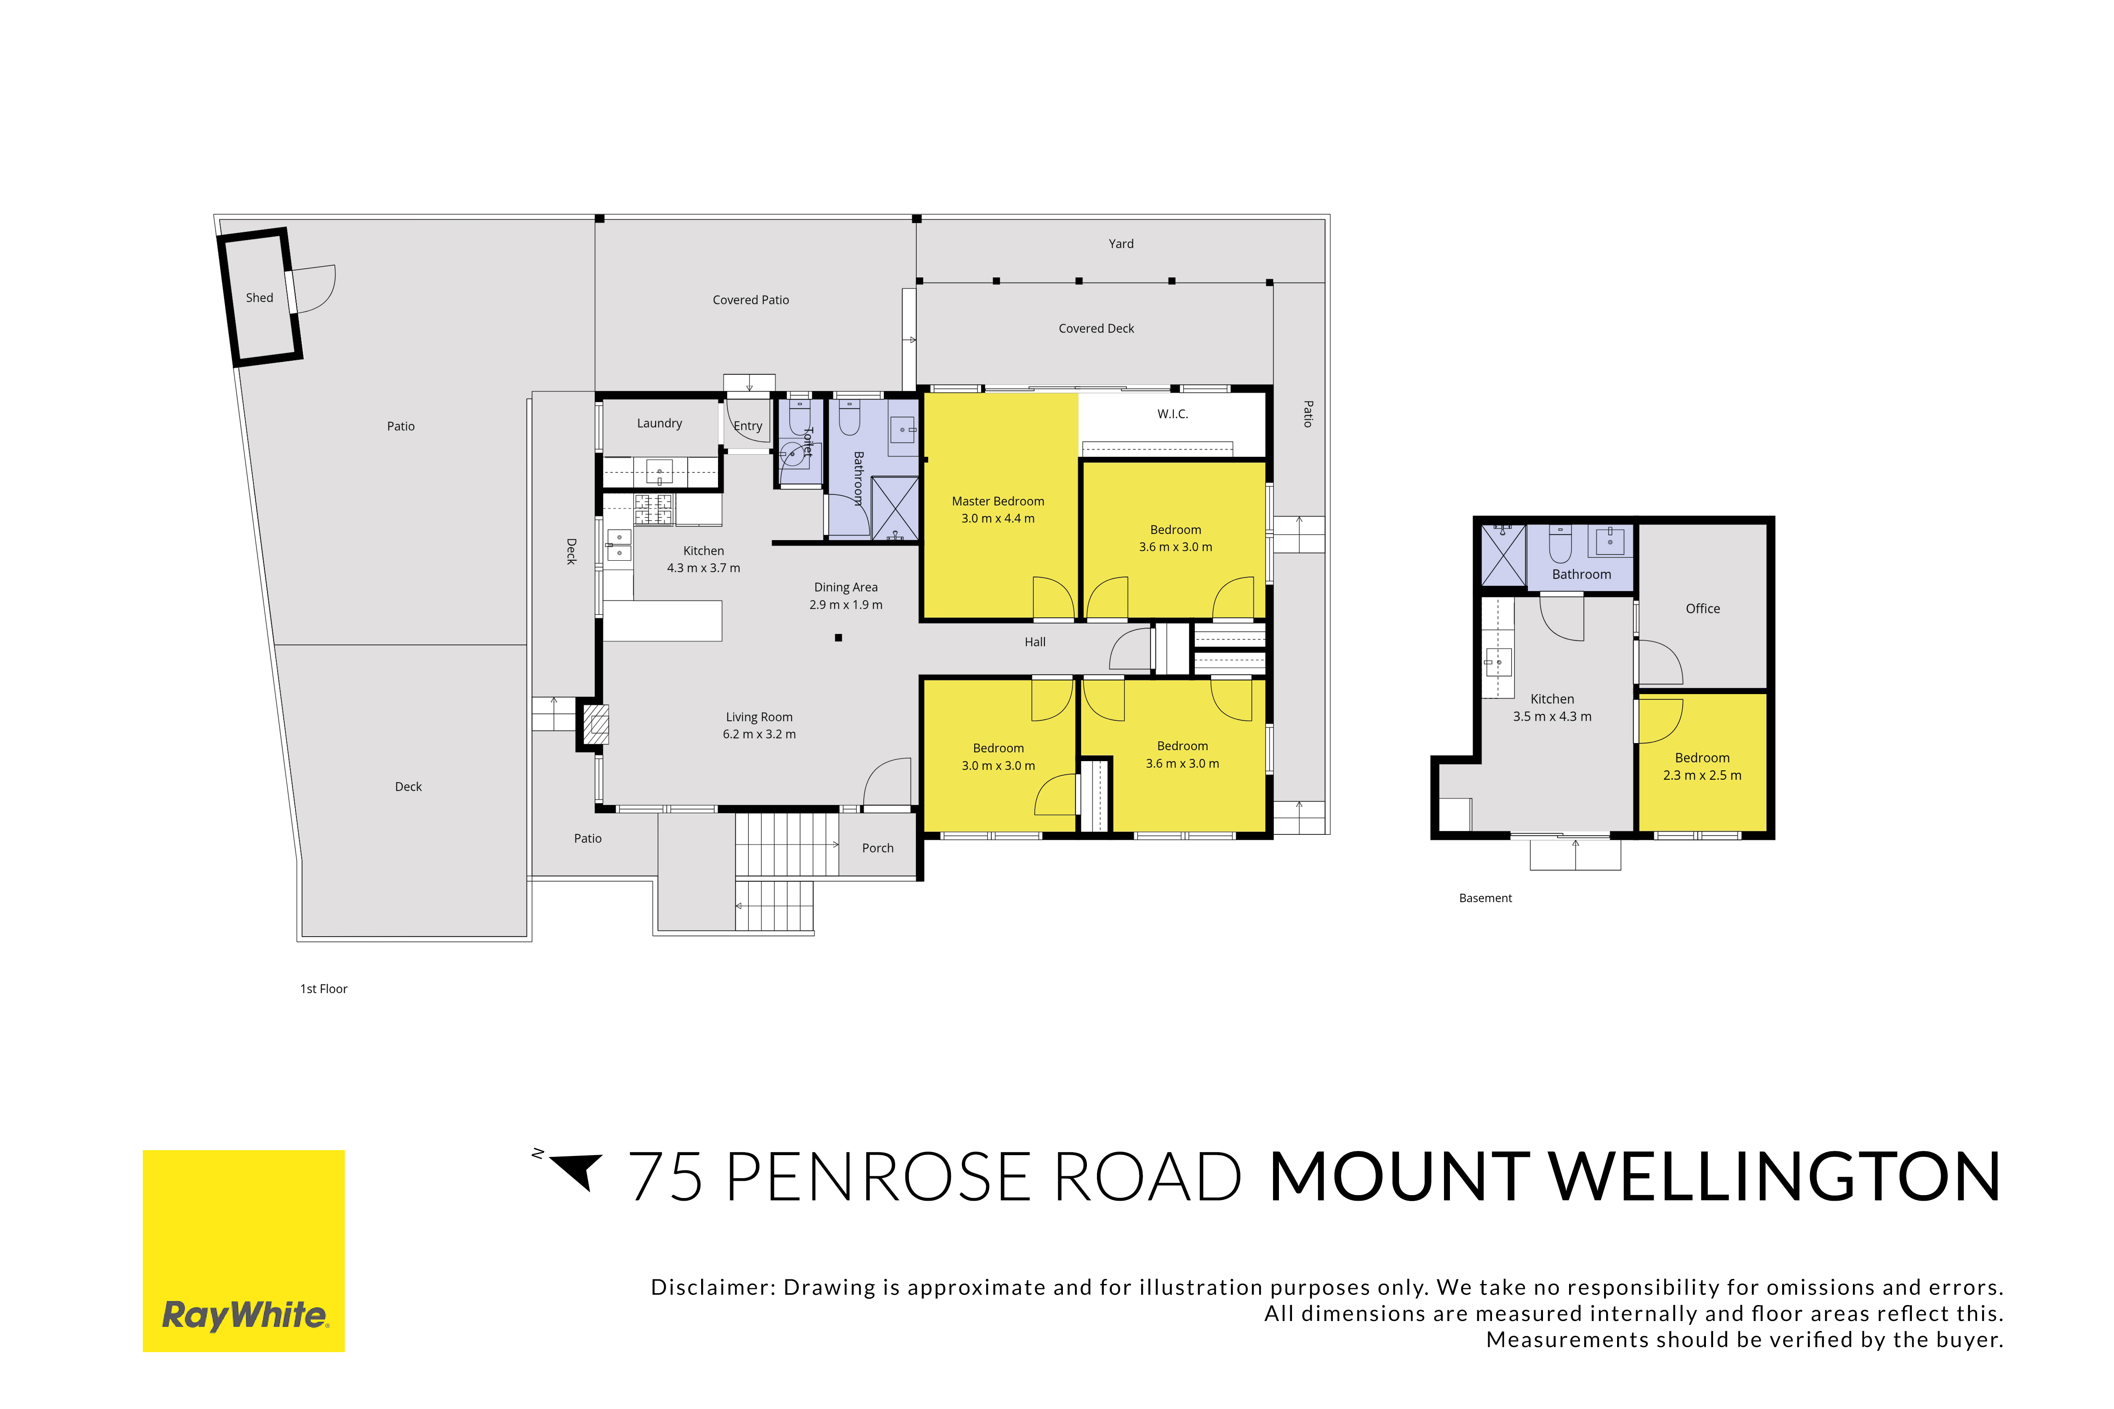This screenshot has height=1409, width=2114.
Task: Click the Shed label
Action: click(260, 298)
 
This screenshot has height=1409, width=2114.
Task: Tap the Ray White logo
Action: click(243, 1251)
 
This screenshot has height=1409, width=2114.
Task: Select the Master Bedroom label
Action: click(998, 501)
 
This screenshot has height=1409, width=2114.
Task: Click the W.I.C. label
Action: click(1173, 414)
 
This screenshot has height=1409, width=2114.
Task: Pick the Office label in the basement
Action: click(1702, 608)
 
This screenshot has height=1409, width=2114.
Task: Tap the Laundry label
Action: click(660, 423)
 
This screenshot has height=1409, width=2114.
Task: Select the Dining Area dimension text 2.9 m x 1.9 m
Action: click(846, 605)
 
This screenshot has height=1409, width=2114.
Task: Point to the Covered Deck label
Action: click(1097, 329)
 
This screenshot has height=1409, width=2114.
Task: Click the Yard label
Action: click(1121, 243)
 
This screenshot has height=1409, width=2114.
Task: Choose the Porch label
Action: click(878, 848)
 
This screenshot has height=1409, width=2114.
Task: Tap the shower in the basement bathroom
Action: click(1504, 555)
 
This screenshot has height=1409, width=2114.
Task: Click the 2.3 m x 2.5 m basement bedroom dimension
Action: click(1702, 775)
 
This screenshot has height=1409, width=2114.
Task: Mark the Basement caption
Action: click(1486, 898)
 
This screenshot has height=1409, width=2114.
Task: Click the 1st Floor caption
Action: click(323, 988)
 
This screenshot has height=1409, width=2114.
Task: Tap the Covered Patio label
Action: click(750, 300)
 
